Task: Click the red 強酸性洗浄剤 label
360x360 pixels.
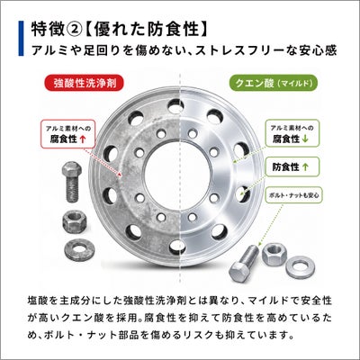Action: point(85,83)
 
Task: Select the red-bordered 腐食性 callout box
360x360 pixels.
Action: point(68,134)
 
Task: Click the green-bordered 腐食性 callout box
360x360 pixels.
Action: point(292,134)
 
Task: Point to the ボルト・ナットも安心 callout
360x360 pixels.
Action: point(294,195)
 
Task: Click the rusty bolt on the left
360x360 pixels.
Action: point(71,181)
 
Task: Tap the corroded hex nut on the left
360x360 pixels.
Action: point(75,222)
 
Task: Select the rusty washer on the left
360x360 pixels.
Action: point(79,249)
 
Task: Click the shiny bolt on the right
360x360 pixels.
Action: point(244,263)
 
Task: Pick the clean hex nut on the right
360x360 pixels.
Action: point(274,254)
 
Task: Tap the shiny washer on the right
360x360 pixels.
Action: point(301,266)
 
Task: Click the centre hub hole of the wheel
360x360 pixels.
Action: point(178,175)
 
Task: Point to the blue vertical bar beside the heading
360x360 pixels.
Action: point(21,38)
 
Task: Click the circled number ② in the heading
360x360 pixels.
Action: point(73,30)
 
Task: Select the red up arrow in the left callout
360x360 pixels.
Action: point(84,139)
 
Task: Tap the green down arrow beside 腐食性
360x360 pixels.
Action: point(306,139)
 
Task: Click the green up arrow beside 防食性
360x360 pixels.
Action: point(305,167)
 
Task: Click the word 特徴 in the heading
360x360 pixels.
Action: point(48,30)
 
